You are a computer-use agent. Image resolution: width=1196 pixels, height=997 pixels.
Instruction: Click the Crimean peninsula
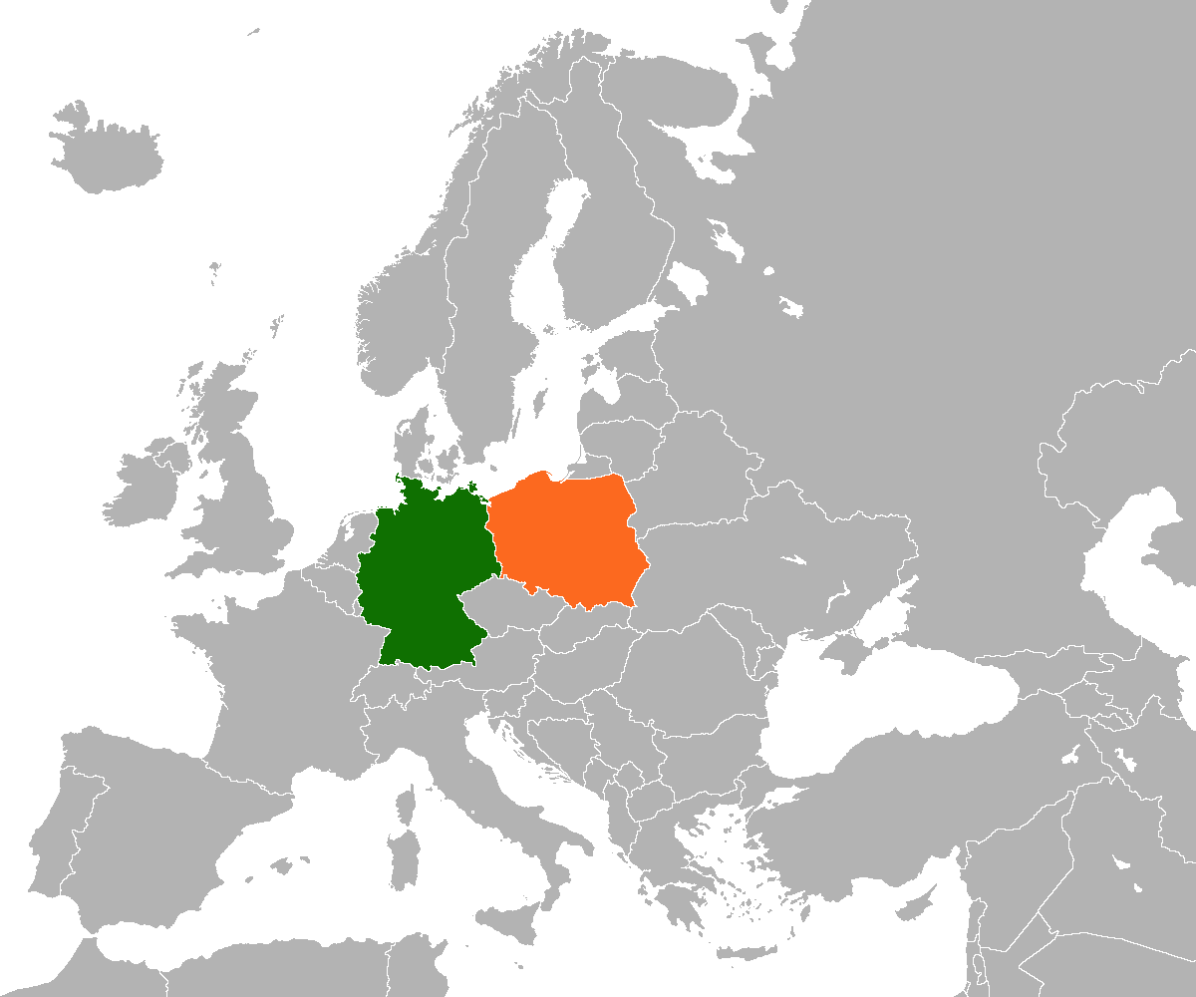tap(847, 653)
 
